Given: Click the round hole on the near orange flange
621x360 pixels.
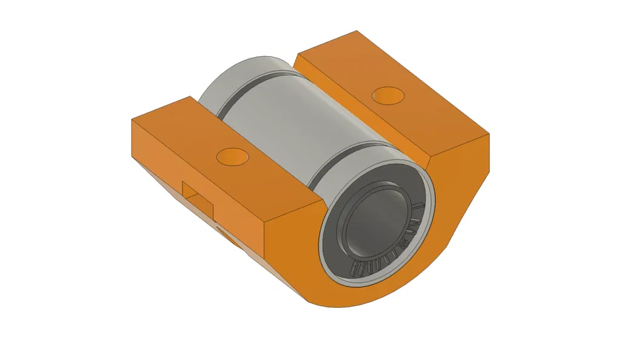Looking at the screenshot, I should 233,156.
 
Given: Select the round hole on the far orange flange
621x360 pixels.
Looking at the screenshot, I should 388,95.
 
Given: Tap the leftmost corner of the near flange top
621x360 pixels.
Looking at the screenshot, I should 132,120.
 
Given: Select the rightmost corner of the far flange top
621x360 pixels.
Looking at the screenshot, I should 488,133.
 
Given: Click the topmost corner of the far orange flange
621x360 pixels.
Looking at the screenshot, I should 358,31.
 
